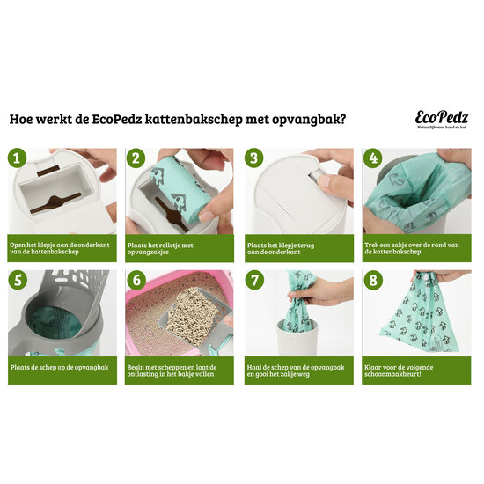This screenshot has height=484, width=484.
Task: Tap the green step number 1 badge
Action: (x=15, y=158)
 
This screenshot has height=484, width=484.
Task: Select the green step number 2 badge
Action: (x=135, y=158)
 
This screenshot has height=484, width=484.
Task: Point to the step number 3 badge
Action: (x=253, y=158)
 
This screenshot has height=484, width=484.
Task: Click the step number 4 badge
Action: (x=371, y=158)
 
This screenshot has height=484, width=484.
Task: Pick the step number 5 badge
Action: (x=15, y=281)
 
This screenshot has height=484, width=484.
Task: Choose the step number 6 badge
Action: (x=135, y=281)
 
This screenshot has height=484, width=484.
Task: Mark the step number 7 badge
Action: (x=253, y=281)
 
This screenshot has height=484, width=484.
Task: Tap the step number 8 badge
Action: (x=371, y=281)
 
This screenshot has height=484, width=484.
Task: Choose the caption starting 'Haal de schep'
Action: (x=297, y=371)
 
